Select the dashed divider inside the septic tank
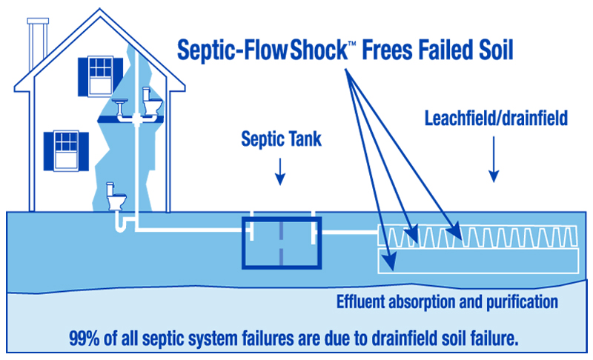click(x=281, y=241)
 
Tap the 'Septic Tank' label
click(x=279, y=141)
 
